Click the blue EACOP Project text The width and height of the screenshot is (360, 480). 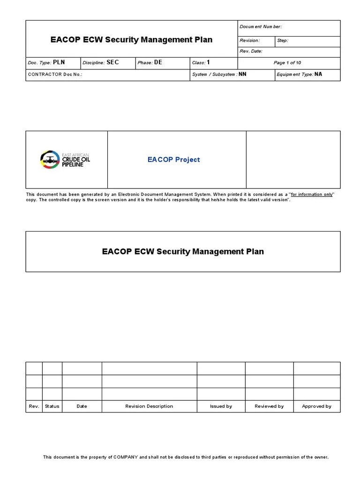(173, 159)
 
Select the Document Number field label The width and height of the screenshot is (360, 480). (261, 27)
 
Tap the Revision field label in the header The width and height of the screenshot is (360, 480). (249, 40)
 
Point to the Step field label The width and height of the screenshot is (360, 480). (283, 40)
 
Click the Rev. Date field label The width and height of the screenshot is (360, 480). (251, 51)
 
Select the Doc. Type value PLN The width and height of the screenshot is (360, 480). (60, 62)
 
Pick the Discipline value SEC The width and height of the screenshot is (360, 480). (113, 62)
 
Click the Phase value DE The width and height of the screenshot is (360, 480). (158, 62)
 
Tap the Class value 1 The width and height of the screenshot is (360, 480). (209, 62)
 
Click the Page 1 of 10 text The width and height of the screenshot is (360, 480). (287, 63)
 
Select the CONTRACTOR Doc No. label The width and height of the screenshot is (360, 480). (55, 75)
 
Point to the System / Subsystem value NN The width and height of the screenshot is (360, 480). (242, 75)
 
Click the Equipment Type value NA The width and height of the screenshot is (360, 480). (318, 74)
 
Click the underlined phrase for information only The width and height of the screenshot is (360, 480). (312, 194)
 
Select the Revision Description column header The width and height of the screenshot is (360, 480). (149, 406)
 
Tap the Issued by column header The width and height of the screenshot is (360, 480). (221, 406)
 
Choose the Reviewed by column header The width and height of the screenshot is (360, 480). (269, 406)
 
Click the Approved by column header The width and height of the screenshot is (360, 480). (316, 406)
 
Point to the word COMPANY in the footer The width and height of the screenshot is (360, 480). (125, 457)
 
